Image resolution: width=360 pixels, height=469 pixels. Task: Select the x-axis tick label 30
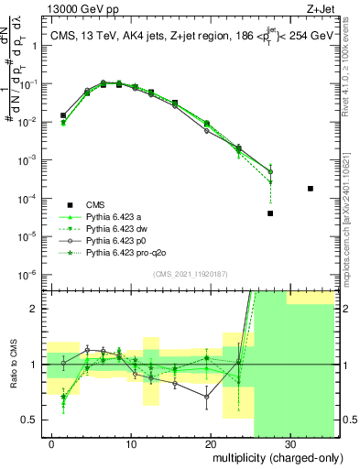coord(289,443)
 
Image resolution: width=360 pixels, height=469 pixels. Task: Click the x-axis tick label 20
coord(210,443)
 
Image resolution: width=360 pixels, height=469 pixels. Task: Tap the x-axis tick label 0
coord(51,443)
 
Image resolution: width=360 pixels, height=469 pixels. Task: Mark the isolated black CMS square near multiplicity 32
coord(311,189)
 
